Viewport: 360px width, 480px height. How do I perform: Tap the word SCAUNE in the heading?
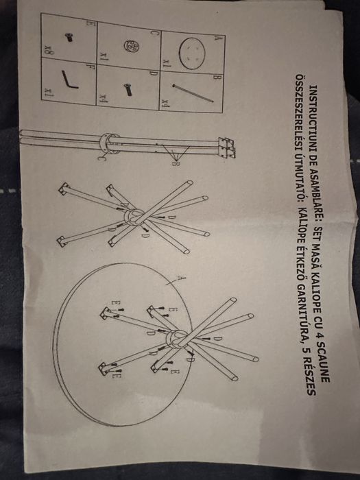pos(324,364)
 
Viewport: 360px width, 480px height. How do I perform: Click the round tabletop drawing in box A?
pos(192,53)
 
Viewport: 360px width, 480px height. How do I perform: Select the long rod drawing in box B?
pos(193,93)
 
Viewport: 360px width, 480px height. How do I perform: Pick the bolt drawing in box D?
pos(128,89)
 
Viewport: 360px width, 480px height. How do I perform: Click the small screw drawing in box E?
pos(69,37)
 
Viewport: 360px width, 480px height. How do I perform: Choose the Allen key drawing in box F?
pos(69,80)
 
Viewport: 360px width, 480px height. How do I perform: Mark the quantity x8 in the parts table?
pos(48,49)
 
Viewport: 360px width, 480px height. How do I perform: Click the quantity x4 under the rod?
pos(165,102)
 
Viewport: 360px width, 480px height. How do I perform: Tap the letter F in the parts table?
pos(89,66)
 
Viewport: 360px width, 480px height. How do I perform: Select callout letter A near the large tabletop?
pos(182,278)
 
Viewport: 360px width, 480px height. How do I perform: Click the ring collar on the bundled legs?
pos(109,143)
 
